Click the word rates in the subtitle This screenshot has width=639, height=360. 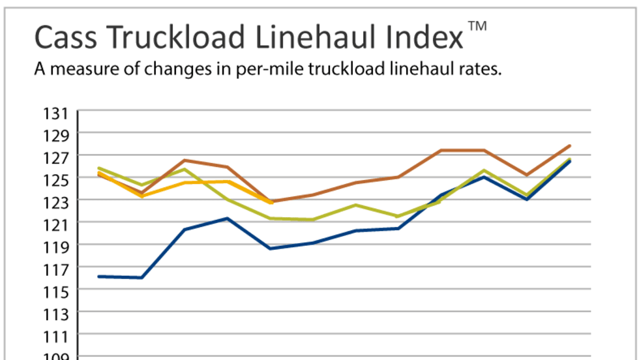[479, 70]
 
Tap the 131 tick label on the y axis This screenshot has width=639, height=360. [56, 114]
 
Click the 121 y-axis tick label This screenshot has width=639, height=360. [56, 224]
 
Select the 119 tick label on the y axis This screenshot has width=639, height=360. [56, 247]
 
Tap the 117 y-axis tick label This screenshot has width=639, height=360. [56, 269]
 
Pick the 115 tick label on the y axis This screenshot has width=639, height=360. [56, 291]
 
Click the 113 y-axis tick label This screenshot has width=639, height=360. [56, 314]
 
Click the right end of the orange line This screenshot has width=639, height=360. [271, 202]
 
